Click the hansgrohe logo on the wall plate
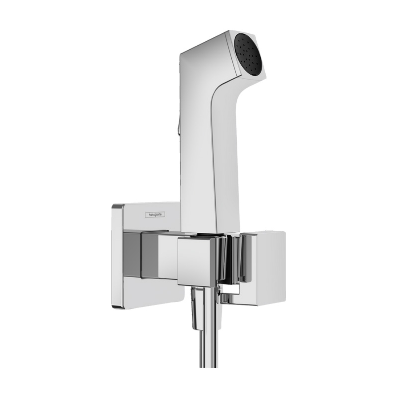[x=155, y=215]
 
